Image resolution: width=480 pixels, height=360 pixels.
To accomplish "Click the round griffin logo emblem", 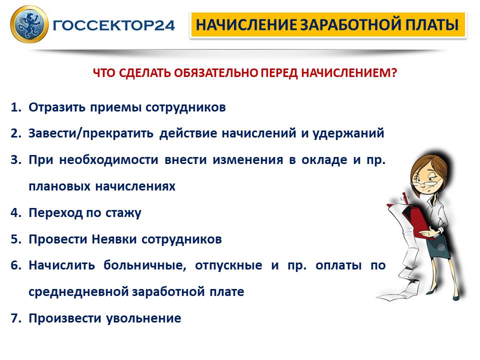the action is click(29, 24).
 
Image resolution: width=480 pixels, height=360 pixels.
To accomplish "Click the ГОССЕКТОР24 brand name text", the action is click(114, 25).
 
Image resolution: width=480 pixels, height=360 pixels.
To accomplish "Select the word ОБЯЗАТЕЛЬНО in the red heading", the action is click(216, 73).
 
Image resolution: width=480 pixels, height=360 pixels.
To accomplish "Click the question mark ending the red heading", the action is click(394, 73).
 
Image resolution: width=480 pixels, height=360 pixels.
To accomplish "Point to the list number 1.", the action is click(16, 107).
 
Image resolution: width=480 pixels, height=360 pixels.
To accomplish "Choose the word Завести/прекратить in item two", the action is click(91, 133).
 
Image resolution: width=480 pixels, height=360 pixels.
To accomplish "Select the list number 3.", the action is click(16, 160).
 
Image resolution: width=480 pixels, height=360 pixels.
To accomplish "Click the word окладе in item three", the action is click(324, 160).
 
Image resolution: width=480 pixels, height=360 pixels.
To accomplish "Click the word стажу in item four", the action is click(123, 213).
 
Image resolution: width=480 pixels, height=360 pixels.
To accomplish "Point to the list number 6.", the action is click(16, 265).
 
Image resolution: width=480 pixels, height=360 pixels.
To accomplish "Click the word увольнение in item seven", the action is click(143, 318).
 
